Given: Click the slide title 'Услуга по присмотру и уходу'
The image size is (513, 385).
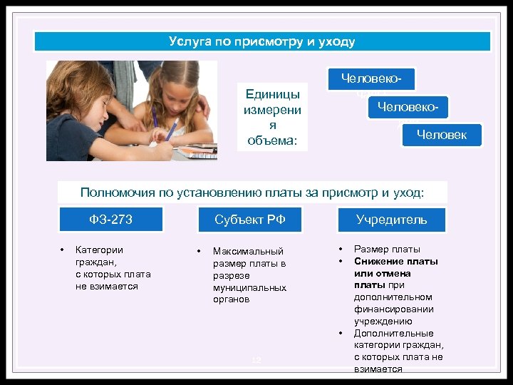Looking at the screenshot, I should pyautogui.click(x=261, y=41).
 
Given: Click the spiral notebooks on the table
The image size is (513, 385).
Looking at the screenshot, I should pyautogui.click(x=195, y=151).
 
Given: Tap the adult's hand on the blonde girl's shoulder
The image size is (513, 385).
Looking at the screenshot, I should pyautogui.click(x=202, y=106).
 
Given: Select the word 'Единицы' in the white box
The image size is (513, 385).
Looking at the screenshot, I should pyautogui.click(x=271, y=94).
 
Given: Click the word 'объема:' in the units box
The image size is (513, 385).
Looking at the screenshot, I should pyautogui.click(x=271, y=140).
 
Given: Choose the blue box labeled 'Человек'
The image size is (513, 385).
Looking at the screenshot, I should pyautogui.click(x=442, y=135).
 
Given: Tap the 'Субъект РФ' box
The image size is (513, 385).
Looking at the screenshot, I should pyautogui.click(x=250, y=220).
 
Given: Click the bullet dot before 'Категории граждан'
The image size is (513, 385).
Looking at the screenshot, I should pyautogui.click(x=63, y=250).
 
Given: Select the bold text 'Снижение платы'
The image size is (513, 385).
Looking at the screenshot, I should pyautogui.click(x=395, y=261).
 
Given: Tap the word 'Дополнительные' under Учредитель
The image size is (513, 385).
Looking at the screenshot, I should pyautogui.click(x=393, y=334).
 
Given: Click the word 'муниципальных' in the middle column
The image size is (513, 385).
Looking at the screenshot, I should pyautogui.click(x=249, y=287).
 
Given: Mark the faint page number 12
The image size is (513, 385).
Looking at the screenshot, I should pyautogui.click(x=256, y=361).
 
